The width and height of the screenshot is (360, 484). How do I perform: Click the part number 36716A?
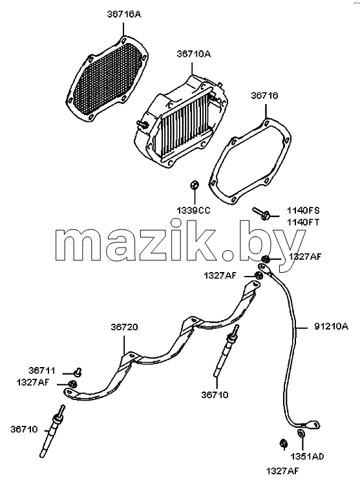pos(124,14)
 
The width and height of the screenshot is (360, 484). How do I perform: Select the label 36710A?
pos(194,54)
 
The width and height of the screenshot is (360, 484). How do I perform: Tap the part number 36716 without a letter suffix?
pos(264,96)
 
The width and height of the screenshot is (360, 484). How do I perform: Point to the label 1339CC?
pos(194,211)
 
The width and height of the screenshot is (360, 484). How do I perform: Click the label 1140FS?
pos(303,211)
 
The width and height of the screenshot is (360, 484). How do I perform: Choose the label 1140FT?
pos(303,222)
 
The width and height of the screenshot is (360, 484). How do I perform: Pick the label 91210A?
pos(332,326)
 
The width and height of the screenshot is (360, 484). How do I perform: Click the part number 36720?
pos(125,327)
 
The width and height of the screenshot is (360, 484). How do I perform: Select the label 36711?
pos(42,370)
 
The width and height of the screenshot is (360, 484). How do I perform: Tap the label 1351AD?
pos(307,456)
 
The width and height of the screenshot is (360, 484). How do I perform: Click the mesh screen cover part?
pos(107,79)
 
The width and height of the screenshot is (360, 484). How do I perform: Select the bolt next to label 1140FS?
pos(262,213)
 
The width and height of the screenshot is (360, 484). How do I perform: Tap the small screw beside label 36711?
pos(78,372)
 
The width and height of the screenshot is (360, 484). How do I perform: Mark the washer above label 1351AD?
pos(301,434)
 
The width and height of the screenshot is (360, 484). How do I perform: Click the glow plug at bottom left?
pos(52,431)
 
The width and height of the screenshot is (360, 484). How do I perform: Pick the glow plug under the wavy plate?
pos(226,351)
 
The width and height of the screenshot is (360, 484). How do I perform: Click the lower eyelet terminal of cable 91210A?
pos(312,425)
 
